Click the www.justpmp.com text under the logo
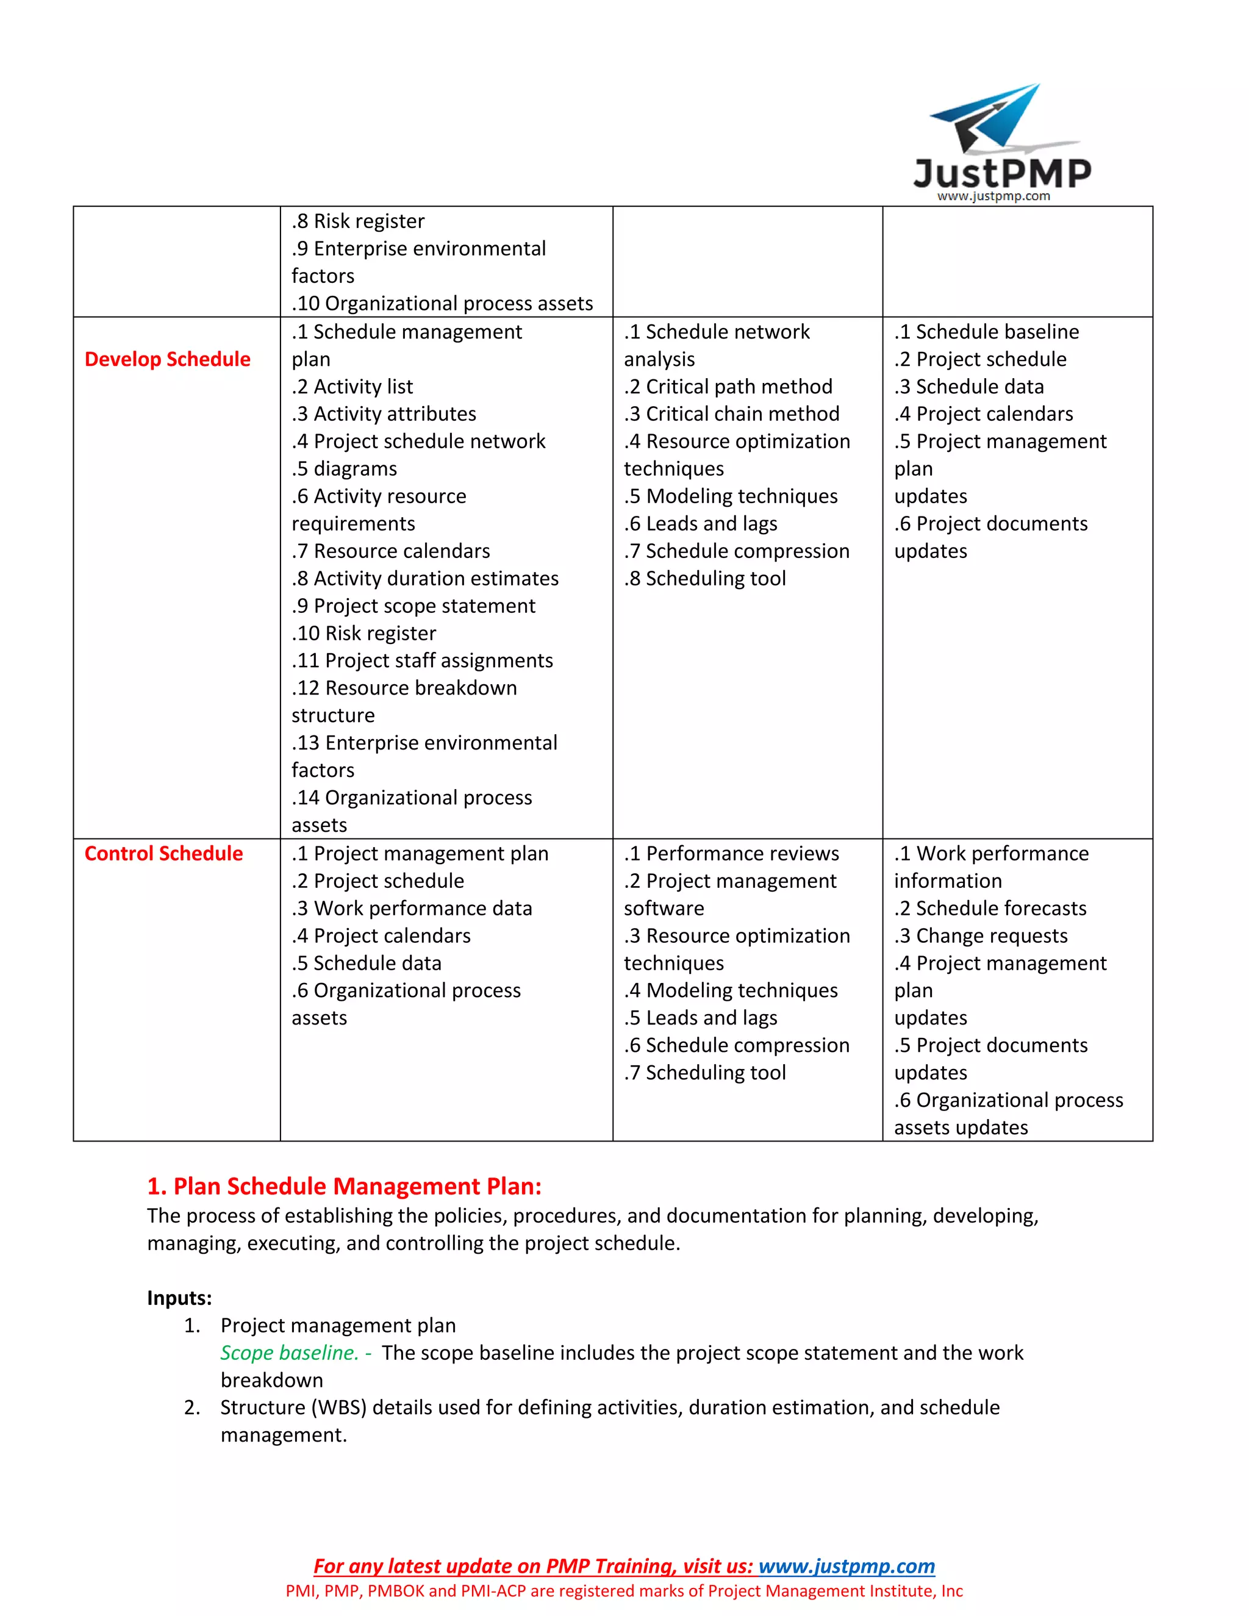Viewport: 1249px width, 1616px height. pos(993,196)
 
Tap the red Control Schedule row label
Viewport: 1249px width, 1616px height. pos(163,853)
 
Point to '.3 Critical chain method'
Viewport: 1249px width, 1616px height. pos(731,413)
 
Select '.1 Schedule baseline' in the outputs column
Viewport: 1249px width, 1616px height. pos(986,332)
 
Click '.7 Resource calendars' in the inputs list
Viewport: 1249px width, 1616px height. pos(391,551)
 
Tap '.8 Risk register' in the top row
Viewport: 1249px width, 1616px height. pos(358,221)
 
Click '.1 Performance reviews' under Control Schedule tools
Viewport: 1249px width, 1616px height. pos(731,853)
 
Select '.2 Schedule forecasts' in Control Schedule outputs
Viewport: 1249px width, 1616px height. pos(990,908)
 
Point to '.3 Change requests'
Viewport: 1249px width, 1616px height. pos(981,935)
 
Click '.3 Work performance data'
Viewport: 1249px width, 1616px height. pos(412,908)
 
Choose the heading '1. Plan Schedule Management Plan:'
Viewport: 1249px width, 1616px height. pos(344,1186)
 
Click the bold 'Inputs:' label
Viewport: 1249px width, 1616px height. pos(179,1298)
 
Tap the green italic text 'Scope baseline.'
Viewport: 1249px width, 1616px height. pos(289,1353)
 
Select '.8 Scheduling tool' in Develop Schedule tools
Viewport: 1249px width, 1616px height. pos(704,578)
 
